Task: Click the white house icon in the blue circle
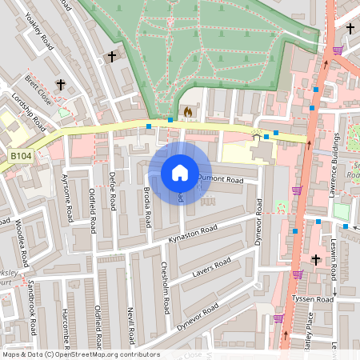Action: [180, 173]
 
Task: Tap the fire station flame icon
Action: [188, 112]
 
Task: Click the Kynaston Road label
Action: [193, 234]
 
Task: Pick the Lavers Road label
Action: [211, 269]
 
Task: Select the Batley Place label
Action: [310, 329]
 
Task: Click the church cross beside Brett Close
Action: [60, 84]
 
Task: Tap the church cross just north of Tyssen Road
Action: [315, 259]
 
